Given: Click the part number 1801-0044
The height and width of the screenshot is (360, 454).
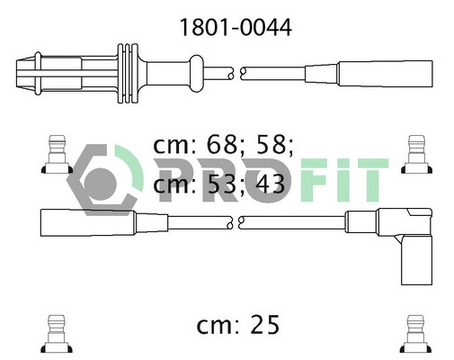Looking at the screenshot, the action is pos(236,28).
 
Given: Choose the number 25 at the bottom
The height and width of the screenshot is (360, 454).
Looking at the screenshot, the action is pos(264,325).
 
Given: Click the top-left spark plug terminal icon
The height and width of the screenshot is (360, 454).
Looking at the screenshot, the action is pos(57,154).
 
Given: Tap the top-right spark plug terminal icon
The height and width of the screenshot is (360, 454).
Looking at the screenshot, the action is pos(417,154).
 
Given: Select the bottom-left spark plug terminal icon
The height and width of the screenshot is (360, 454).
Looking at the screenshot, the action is pos(57,334).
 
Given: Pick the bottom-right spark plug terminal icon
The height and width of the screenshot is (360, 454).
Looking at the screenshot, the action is pos(416,334).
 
